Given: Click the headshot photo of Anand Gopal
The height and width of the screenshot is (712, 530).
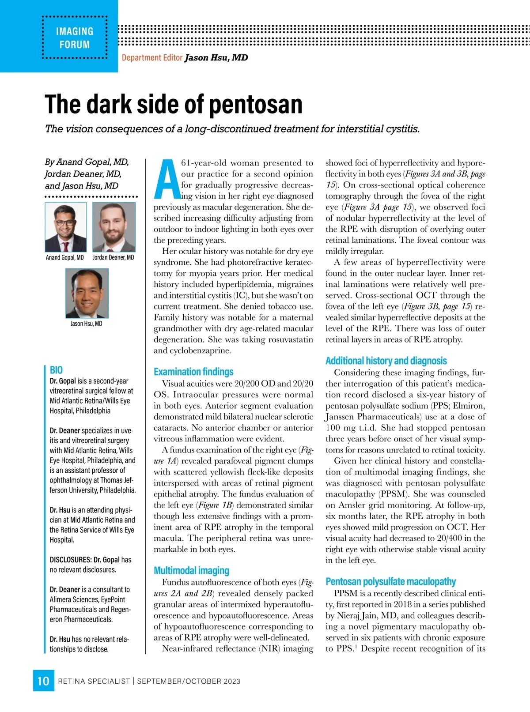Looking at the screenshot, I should (x=66, y=227).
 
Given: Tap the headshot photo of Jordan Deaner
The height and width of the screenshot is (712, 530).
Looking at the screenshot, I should (x=114, y=227).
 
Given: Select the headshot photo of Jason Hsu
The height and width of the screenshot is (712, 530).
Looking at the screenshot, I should (x=87, y=293).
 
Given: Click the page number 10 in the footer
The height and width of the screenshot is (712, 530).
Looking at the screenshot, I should (x=43, y=681).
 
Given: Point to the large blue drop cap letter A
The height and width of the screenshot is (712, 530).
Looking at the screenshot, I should (x=166, y=179).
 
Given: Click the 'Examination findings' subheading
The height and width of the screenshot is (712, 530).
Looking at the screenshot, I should (x=193, y=372).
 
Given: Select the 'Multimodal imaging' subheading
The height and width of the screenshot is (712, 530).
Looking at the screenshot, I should (x=191, y=570).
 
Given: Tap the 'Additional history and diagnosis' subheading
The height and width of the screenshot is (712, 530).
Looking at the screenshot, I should (x=386, y=361).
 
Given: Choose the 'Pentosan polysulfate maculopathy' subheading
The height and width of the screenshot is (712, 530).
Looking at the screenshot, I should (x=390, y=581).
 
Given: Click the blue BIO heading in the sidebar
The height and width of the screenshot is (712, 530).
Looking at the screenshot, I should (x=56, y=370).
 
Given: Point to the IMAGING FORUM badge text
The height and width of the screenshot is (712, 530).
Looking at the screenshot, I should (x=75, y=38).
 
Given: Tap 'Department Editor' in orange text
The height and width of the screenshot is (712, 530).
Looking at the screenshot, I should (x=152, y=58).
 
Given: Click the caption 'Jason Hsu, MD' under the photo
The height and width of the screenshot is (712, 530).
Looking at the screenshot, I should (x=86, y=324).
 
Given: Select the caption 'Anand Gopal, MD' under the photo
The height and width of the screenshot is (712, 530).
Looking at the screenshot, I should (x=65, y=257).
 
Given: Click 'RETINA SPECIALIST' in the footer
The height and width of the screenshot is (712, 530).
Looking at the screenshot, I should (x=94, y=681).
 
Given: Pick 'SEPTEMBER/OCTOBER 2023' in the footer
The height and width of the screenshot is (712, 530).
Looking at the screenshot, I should (x=189, y=681).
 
